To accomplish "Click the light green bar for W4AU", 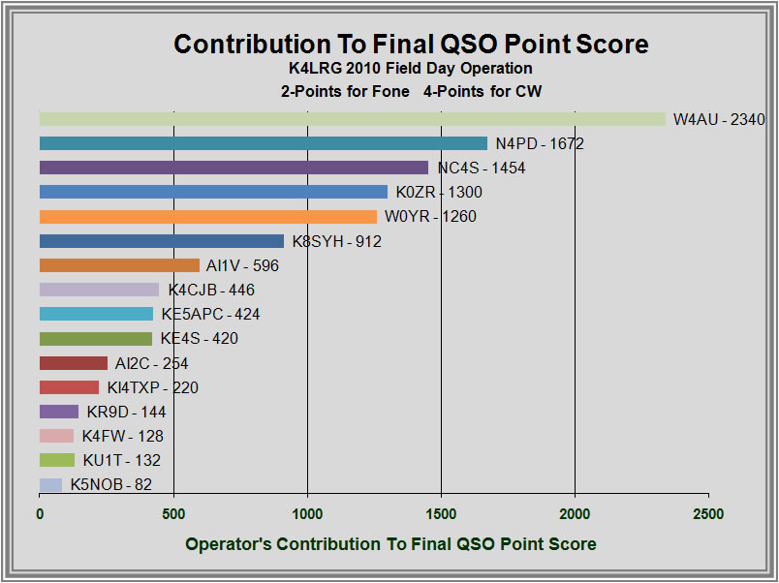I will pyautogui.click(x=352, y=119).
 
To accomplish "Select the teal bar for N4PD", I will pyautogui.click(x=263, y=143).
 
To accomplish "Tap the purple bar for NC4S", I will pyautogui.click(x=234, y=168).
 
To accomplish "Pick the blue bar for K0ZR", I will pyautogui.click(x=213, y=192).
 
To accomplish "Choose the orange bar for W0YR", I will pyautogui.click(x=207, y=216).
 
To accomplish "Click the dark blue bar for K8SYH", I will pyautogui.click(x=161, y=241).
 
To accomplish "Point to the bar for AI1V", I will pyautogui.click(x=119, y=265).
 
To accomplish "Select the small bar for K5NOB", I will pyautogui.click(x=50, y=484).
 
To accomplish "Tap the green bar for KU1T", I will pyautogui.click(x=57, y=460).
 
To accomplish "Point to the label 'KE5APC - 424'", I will pyautogui.click(x=210, y=315).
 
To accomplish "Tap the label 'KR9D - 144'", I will pyautogui.click(x=126, y=413).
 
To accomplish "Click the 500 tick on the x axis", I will pyautogui.click(x=173, y=513).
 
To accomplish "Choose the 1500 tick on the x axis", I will pyautogui.click(x=441, y=513).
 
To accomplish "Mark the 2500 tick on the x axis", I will pyautogui.click(x=708, y=513).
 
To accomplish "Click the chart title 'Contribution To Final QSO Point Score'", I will pyautogui.click(x=411, y=45).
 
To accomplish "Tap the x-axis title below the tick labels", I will pyautogui.click(x=390, y=543).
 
